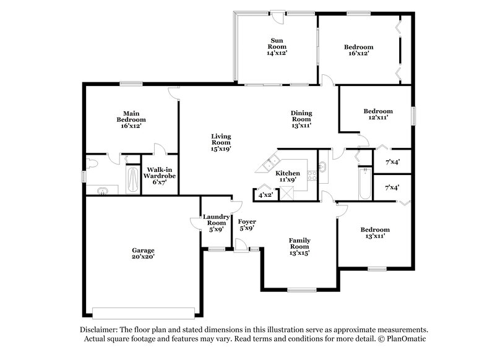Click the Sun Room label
pyautogui.click(x=277, y=43)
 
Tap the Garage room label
pyautogui.click(x=142, y=251)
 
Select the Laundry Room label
pyautogui.click(x=216, y=220)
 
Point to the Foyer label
pyautogui.click(x=247, y=221)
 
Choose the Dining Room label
pyautogui.click(x=301, y=116)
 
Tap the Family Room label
pyautogui.click(x=300, y=244)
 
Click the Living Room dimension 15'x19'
pyautogui.click(x=220, y=148)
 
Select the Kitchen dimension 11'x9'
pyautogui.click(x=288, y=180)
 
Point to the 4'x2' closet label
pyautogui.click(x=266, y=195)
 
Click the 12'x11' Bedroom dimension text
pyautogui.click(x=377, y=118)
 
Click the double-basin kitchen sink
pyautogui.click(x=270, y=164)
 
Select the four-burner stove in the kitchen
pyautogui.click(x=312, y=176)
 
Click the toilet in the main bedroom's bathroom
pyautogui.click(x=92, y=164)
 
